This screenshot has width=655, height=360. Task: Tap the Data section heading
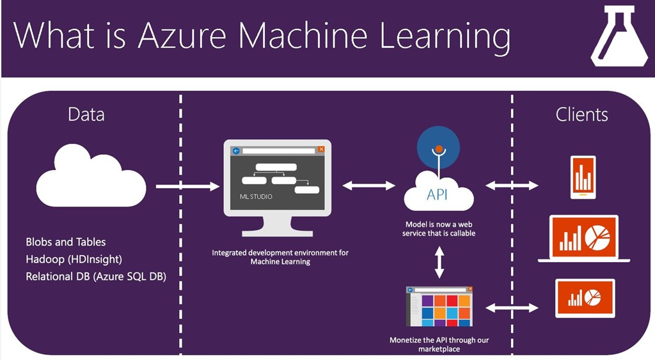(86, 114)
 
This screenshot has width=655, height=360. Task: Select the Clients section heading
(581, 114)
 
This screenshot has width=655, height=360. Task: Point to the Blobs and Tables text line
(66, 242)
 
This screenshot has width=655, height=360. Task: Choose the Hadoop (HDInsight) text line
(74, 260)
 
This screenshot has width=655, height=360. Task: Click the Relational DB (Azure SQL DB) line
(96, 277)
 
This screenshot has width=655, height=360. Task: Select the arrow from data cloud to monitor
(187, 186)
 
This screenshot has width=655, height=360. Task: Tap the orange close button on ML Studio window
(321, 150)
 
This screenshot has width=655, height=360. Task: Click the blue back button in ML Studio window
(236, 151)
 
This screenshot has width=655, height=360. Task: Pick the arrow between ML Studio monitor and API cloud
(369, 185)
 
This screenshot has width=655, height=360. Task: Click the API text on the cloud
(439, 194)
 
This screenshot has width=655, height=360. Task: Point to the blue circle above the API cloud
(438, 146)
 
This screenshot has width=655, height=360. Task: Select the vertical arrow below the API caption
(439, 262)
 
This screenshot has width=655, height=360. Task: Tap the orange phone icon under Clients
(583, 177)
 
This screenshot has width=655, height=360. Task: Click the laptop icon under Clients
(584, 239)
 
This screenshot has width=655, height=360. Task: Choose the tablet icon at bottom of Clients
(585, 298)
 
